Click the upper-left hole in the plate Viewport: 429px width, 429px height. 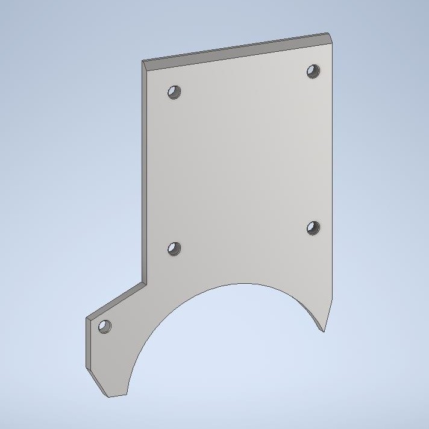[x=174, y=92]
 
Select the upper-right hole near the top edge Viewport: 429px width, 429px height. [x=313, y=71]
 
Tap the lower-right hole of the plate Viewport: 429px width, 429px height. [x=313, y=228]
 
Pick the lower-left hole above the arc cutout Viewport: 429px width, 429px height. [x=174, y=249]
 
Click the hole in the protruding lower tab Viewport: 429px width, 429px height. [x=105, y=327]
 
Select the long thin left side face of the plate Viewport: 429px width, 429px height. [x=145, y=175]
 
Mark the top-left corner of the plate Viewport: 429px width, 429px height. [x=143, y=61]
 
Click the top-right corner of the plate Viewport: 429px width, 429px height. [x=330, y=34]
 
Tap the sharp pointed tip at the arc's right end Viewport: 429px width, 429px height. [x=324, y=331]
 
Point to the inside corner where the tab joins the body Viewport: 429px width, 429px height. [x=147, y=281]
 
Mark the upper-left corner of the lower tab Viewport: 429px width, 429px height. [x=88, y=318]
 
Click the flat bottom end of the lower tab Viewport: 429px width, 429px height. [x=117, y=396]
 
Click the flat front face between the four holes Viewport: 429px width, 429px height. [x=241, y=163]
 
